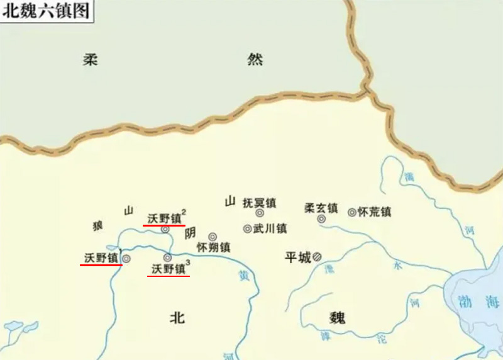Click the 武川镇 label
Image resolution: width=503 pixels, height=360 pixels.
coord(270,228)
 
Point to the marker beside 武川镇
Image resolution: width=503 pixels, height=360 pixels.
coord(248,228)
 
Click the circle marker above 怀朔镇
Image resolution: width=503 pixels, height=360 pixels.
coord(213,237)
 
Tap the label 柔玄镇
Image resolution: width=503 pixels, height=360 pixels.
coord(321,208)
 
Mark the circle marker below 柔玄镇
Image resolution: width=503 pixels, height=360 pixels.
coord(321,219)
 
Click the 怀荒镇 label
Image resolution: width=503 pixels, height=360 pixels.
coord(374,212)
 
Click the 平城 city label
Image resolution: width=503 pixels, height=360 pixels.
coord(298,257)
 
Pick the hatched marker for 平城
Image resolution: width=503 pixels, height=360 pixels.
coord(318,256)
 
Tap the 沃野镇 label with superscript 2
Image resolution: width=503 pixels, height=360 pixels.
coord(165,217)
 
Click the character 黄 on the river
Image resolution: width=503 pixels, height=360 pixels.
coord(243,275)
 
